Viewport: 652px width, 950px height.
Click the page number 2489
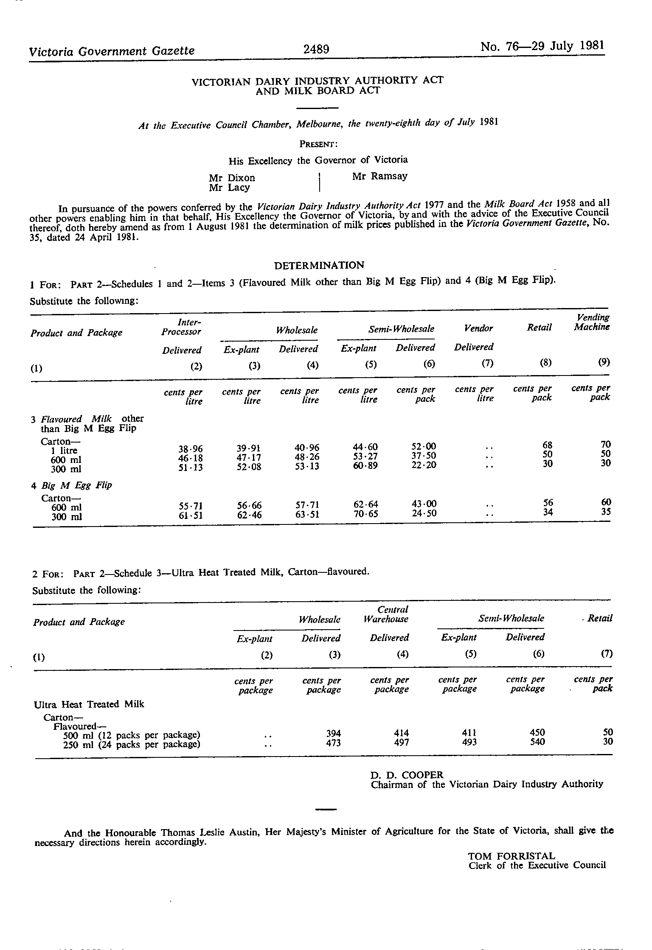coord(316,49)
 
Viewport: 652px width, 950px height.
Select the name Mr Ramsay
coord(379,176)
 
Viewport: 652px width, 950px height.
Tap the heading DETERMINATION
coord(319,266)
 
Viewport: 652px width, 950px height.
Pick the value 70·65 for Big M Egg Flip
coord(365,514)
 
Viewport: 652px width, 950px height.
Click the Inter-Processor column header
coord(181,327)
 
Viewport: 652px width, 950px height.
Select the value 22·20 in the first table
coord(424,465)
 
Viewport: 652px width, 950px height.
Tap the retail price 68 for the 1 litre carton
coord(548,445)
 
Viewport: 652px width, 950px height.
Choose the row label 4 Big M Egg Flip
coord(71,485)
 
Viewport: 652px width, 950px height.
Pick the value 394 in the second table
coord(333,734)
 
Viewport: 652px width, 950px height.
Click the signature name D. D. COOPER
coord(407,775)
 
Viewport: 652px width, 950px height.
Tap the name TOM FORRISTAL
coord(511,856)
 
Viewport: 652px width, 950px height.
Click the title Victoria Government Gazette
coord(112,51)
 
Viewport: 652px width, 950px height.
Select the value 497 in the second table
coord(401,743)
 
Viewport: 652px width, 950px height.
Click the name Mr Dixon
coord(232,178)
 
